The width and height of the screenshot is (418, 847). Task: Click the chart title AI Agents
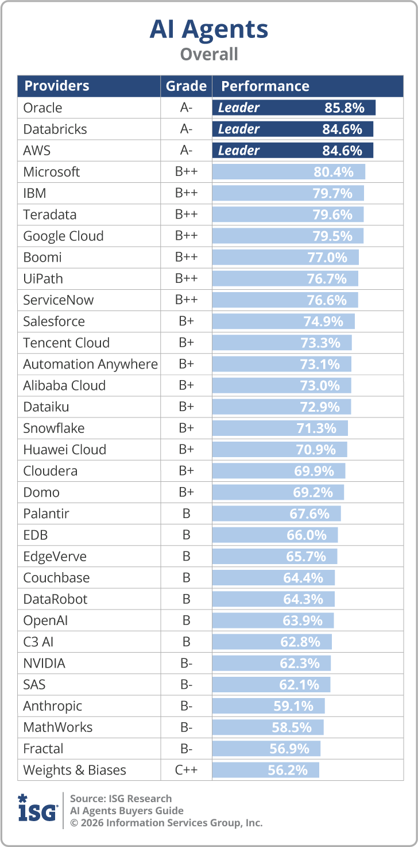pyautogui.click(x=208, y=29)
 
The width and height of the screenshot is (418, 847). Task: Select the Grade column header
pyautogui.click(x=186, y=86)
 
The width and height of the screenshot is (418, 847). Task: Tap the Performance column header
pyautogui.click(x=265, y=86)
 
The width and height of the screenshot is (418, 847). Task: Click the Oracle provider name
pyautogui.click(x=42, y=108)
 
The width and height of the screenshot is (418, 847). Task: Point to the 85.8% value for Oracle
pyautogui.click(x=343, y=108)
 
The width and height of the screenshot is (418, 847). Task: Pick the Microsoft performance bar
pyautogui.click(x=288, y=172)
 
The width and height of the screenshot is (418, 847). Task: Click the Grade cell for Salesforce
pyautogui.click(x=186, y=321)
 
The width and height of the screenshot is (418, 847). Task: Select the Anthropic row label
pyautogui.click(x=52, y=706)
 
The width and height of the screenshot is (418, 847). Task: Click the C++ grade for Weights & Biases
pyautogui.click(x=186, y=770)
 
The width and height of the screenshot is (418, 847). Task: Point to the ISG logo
pyautogui.click(x=37, y=809)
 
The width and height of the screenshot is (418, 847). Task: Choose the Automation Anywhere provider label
pyautogui.click(x=90, y=364)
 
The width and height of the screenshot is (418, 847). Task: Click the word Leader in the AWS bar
pyautogui.click(x=239, y=151)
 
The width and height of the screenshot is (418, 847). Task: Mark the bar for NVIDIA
pyautogui.click(x=271, y=663)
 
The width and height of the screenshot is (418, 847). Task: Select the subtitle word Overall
pyautogui.click(x=208, y=54)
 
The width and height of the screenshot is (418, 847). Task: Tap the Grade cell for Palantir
pyautogui.click(x=186, y=513)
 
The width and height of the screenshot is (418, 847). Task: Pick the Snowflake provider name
pyautogui.click(x=53, y=428)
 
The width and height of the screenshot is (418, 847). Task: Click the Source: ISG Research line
pyautogui.click(x=121, y=798)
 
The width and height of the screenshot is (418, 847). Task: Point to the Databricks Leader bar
pyautogui.click(x=292, y=129)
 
